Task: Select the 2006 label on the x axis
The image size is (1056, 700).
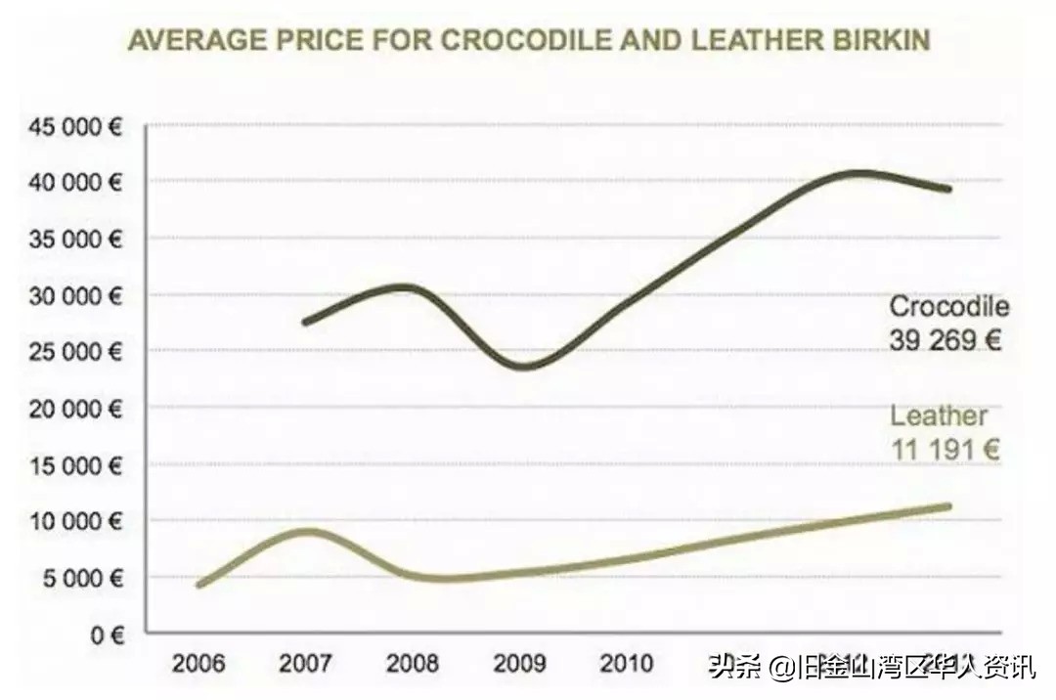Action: point(198,664)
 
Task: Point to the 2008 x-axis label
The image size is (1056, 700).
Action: point(412,664)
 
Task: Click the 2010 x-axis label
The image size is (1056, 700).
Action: point(626,664)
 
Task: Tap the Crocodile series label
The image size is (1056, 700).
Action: point(948,306)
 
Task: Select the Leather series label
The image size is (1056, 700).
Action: point(938,416)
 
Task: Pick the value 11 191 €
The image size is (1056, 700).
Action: point(945,450)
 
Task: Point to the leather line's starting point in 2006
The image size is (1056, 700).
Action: point(199,585)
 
